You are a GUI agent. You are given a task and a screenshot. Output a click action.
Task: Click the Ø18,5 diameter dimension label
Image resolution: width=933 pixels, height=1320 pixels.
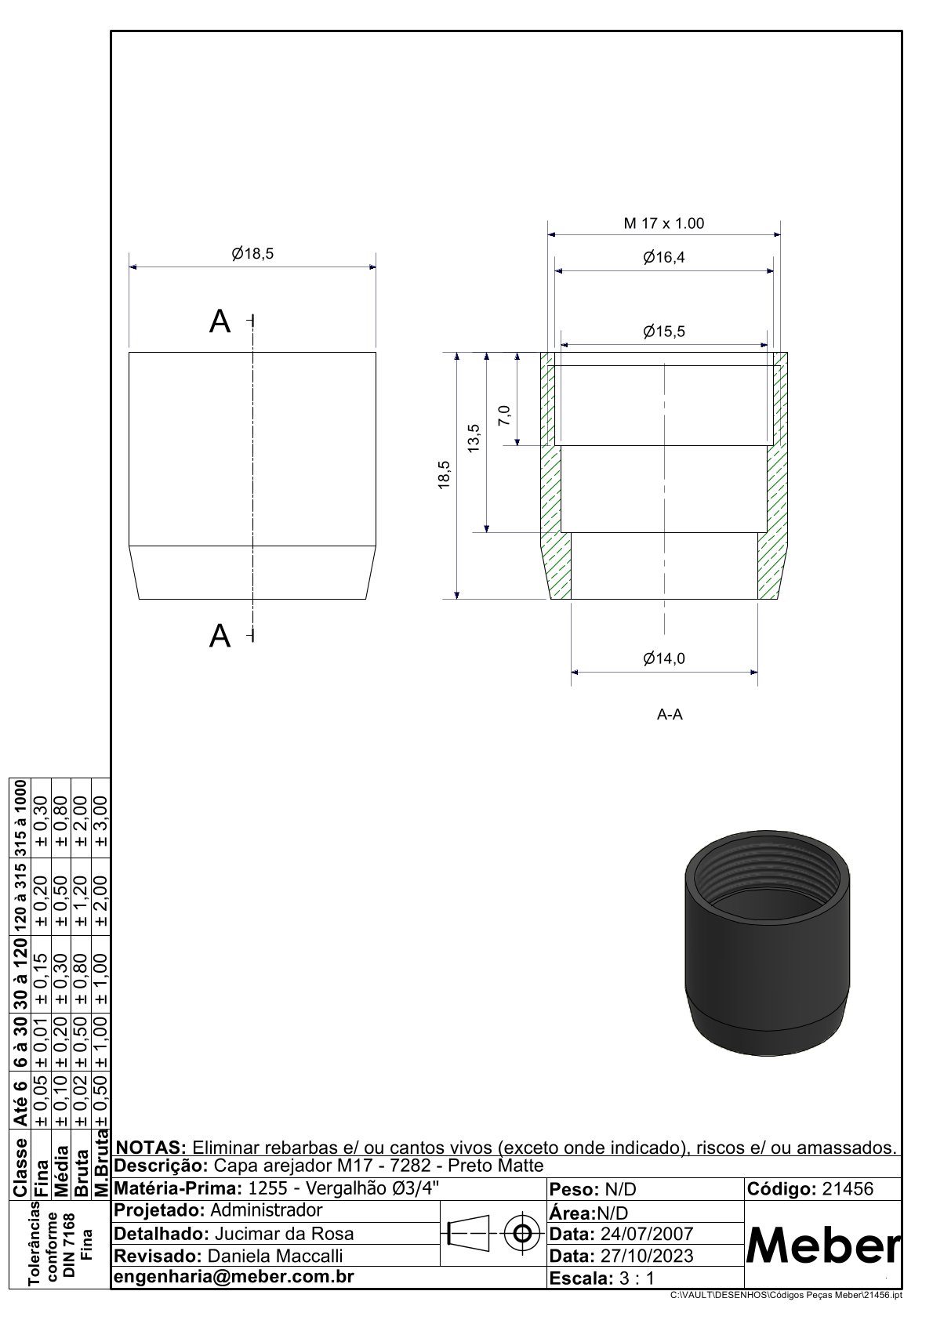pyautogui.click(x=252, y=254)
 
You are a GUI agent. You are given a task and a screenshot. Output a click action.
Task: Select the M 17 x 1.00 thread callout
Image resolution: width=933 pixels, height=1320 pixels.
pyautogui.click(x=663, y=223)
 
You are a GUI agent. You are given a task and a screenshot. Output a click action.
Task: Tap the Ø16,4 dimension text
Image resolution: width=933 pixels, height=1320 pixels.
pyautogui.click(x=663, y=258)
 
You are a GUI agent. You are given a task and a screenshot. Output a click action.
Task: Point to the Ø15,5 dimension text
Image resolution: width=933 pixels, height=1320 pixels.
pyautogui.click(x=663, y=332)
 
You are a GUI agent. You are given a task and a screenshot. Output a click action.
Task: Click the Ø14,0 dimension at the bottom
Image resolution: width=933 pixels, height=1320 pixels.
pyautogui.click(x=663, y=658)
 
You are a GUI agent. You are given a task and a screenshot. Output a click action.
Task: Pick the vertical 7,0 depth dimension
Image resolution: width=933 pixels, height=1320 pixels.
pyautogui.click(x=504, y=415)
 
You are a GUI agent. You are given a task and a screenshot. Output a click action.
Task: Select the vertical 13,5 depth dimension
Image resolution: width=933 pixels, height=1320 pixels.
pyautogui.click(x=474, y=438)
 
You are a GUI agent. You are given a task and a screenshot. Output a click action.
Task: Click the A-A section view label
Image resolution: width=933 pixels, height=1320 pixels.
pyautogui.click(x=670, y=714)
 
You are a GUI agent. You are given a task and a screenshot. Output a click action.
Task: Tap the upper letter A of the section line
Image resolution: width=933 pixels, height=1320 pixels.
pyautogui.click(x=220, y=321)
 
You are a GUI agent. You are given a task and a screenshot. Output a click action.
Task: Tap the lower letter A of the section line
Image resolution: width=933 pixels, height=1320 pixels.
pyautogui.click(x=220, y=636)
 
